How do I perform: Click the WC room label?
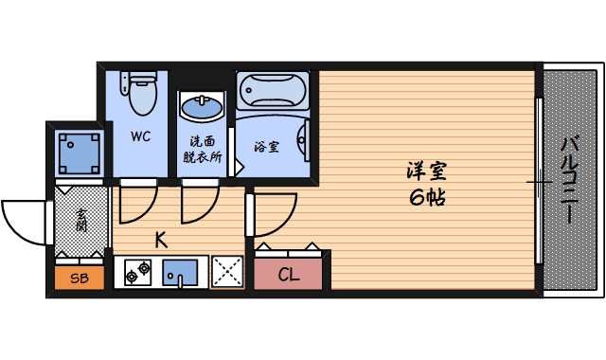[140, 135]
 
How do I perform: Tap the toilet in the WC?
[141, 94]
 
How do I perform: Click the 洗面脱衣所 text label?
[202, 149]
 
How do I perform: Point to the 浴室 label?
[266, 147]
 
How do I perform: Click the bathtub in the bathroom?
[272, 92]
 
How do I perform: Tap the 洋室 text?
[427, 172]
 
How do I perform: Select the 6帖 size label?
[427, 198]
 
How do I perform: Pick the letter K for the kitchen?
[161, 240]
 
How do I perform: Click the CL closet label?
[290, 275]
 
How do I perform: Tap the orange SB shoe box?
[80, 279]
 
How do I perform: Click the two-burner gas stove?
[136, 273]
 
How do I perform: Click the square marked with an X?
[227, 272]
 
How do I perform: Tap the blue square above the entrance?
[79, 151]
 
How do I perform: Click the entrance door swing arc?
[24, 223]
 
